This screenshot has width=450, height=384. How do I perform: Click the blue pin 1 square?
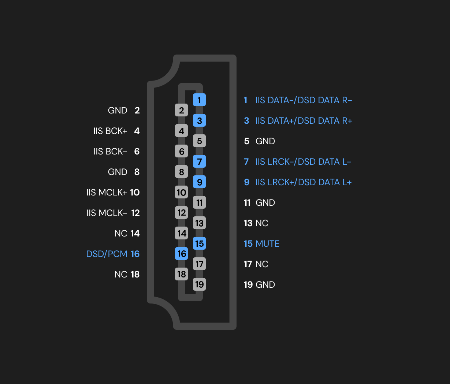coord(199,100)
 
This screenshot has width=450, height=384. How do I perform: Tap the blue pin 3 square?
coord(199,120)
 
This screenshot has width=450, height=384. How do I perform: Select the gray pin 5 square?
coord(199,141)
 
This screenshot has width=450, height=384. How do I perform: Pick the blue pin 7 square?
coord(199,161)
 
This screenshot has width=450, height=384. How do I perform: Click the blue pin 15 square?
coord(199,243)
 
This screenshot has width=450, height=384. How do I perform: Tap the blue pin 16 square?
coord(182,254)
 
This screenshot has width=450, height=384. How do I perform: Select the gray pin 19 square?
coord(199,284)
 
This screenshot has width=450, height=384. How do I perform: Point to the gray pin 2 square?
coord(182,110)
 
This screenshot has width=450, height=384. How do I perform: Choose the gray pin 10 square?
coord(182,192)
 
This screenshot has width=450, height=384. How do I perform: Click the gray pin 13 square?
coord(199,223)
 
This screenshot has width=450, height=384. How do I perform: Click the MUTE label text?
coord(267,244)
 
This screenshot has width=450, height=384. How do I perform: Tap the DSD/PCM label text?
coord(107,254)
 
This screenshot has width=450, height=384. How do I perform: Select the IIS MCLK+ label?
coord(107,193)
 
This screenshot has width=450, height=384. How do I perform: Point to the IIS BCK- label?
coord(110,152)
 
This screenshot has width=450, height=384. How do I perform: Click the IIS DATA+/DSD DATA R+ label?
coord(304,121)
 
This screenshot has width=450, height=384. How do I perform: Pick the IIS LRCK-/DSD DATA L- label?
coord(303,162)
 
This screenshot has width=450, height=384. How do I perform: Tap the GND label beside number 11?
coord(265,203)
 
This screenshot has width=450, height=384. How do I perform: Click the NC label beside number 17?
coord(262,264)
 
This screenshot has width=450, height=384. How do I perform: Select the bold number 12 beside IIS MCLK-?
coord(135,213)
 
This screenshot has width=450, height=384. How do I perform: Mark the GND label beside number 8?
coord(118,172)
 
